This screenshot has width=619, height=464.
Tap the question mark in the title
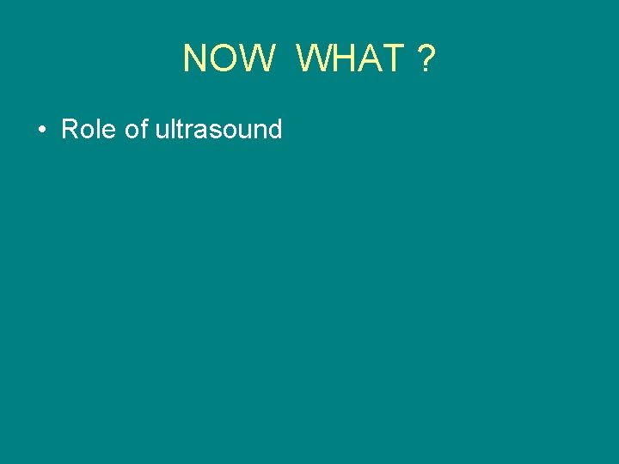(x=426, y=59)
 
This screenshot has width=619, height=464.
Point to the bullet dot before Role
(x=41, y=131)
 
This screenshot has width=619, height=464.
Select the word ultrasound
(x=218, y=130)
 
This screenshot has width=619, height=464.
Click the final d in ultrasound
(x=274, y=130)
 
